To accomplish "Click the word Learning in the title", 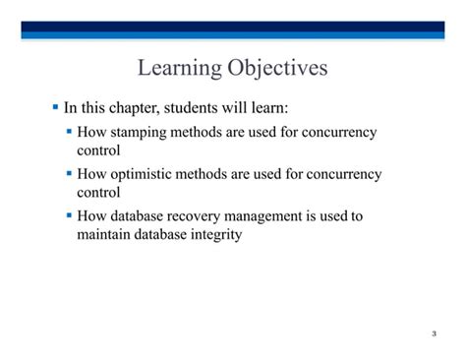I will tap(178, 68).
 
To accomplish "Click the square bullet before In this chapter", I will tap(56, 105).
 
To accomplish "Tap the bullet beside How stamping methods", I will tap(70, 132).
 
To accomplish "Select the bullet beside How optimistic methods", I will tap(70, 174).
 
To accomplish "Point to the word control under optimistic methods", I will tap(98, 193).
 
